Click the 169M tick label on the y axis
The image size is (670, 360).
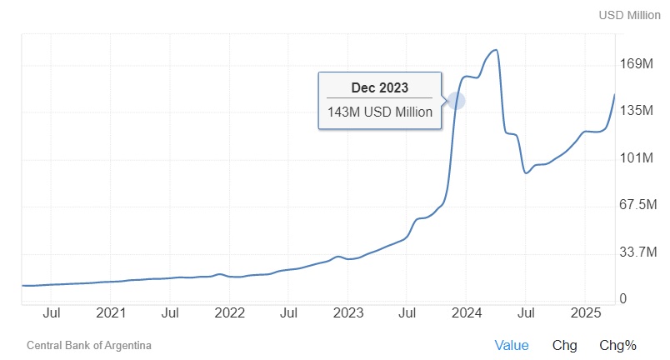(637, 64)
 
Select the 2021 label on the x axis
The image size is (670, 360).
(111, 313)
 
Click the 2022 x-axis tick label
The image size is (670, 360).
(229, 313)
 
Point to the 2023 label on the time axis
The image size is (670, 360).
(348, 313)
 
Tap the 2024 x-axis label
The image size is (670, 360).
(467, 313)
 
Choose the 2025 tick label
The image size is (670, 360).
(585, 313)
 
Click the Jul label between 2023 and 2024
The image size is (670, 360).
(407, 313)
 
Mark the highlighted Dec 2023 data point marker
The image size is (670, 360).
(456, 101)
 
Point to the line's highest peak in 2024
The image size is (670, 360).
(497, 50)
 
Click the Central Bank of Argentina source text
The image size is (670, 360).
(89, 345)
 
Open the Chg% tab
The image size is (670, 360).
(617, 345)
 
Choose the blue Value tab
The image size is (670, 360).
(512, 345)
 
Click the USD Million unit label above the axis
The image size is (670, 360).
(629, 16)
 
